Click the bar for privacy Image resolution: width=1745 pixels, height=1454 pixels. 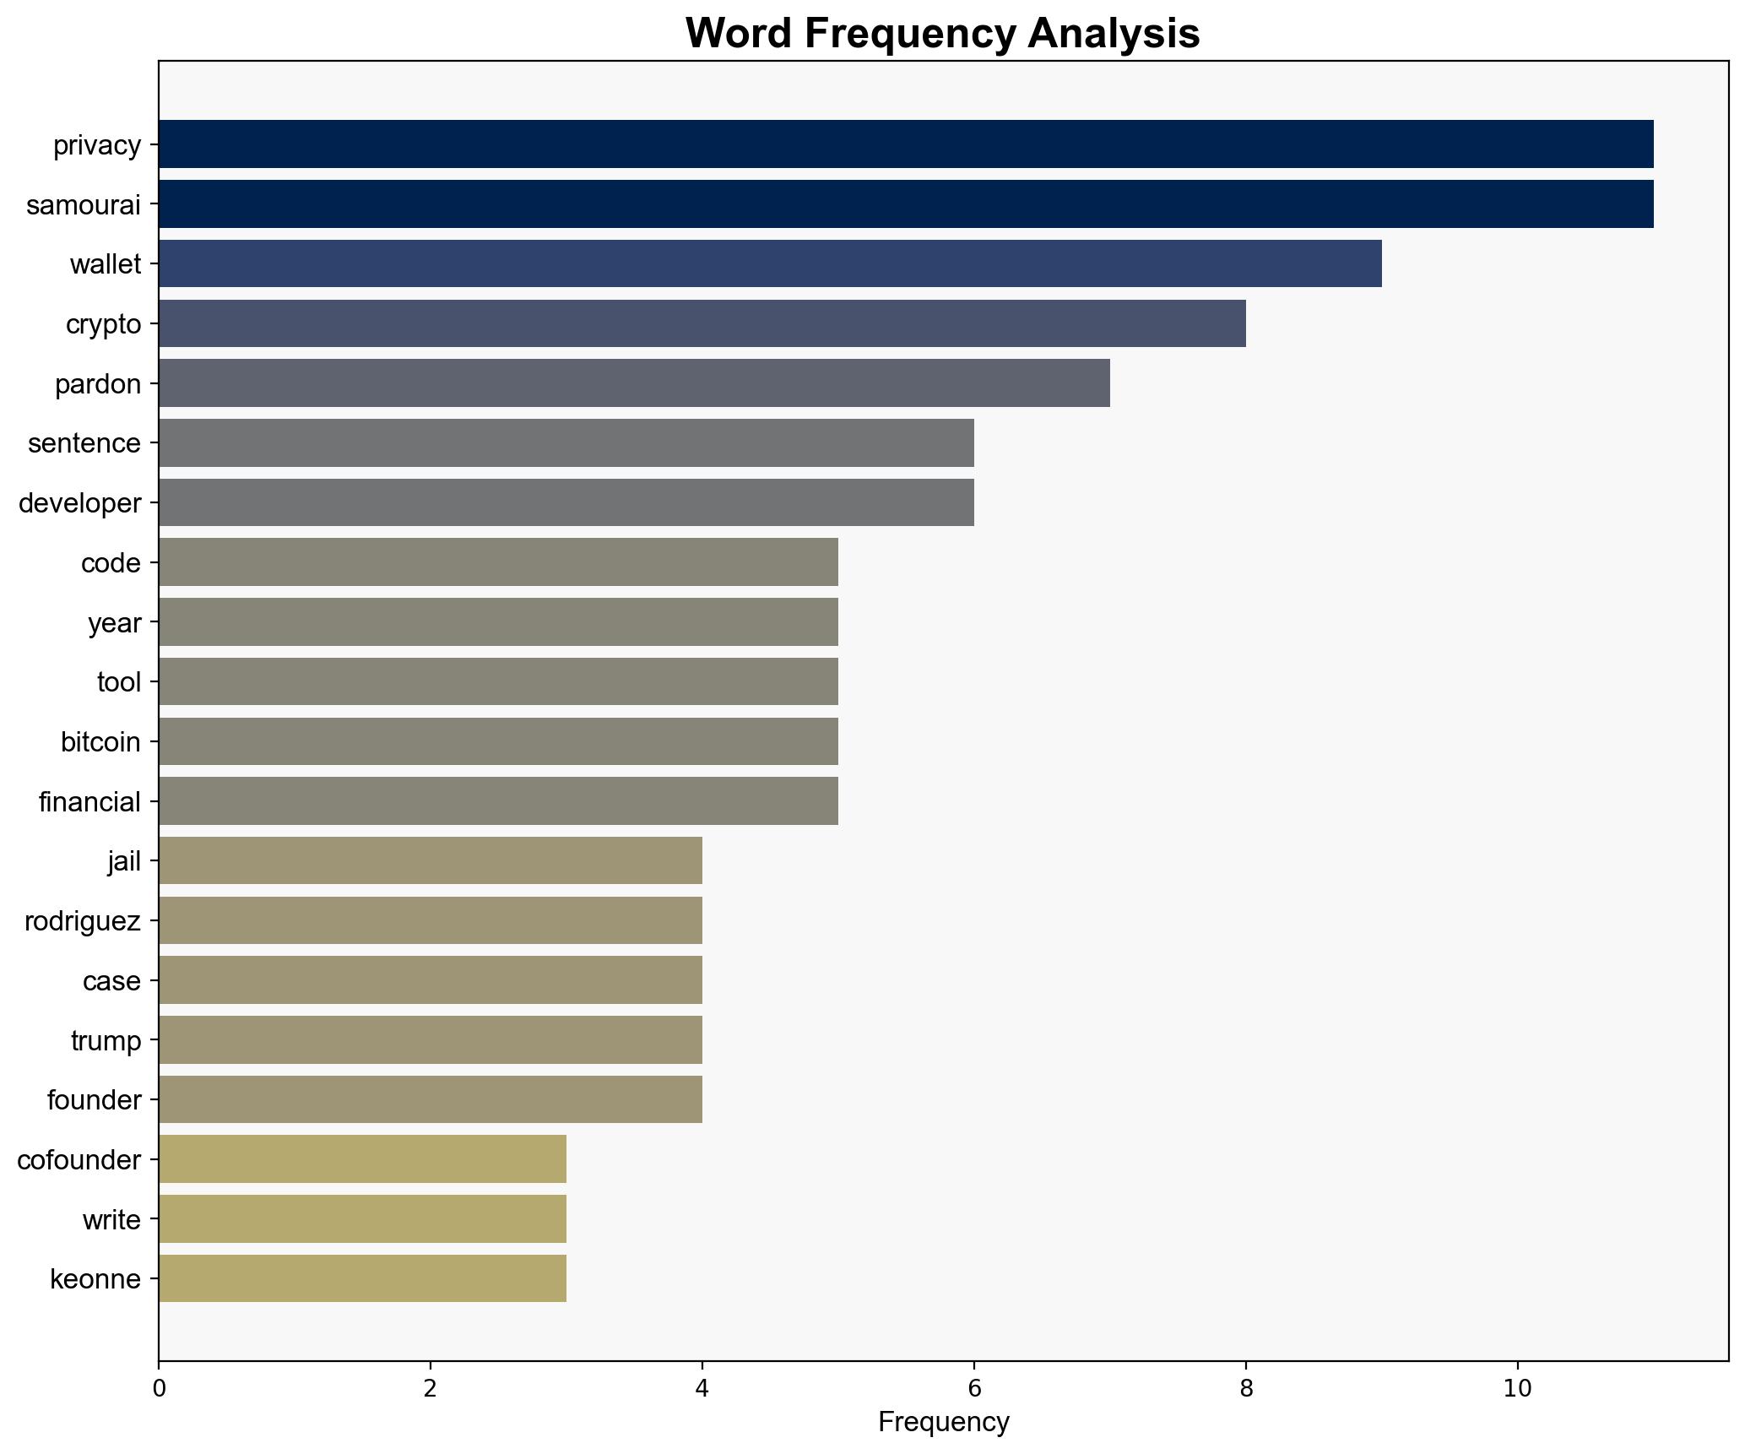click(x=905, y=144)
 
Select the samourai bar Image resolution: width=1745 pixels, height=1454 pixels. click(x=905, y=204)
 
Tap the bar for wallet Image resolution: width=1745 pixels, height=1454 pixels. click(x=769, y=263)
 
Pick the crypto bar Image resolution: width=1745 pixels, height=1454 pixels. click(x=702, y=323)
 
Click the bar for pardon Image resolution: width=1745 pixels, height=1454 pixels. click(x=633, y=383)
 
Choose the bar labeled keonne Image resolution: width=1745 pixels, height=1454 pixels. click(x=362, y=1278)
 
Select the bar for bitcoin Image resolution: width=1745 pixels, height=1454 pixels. click(x=498, y=741)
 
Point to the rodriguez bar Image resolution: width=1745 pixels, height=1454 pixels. click(x=430, y=920)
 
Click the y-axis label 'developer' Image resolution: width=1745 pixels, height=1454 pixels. click(x=79, y=503)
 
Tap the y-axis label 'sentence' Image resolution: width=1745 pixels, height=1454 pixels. click(x=84, y=443)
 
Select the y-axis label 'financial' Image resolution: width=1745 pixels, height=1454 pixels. click(x=89, y=801)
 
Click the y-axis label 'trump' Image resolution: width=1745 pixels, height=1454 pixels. click(x=106, y=1040)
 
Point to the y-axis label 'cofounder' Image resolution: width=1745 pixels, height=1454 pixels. click(x=79, y=1159)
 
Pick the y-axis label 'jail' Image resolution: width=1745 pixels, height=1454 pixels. click(x=124, y=861)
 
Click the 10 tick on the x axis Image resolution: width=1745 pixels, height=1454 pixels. click(x=1517, y=1388)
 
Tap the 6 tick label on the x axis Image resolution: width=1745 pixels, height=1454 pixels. click(x=973, y=1388)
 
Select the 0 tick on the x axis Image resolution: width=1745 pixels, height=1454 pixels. click(x=159, y=1388)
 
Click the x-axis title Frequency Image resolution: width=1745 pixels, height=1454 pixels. click(x=943, y=1423)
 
